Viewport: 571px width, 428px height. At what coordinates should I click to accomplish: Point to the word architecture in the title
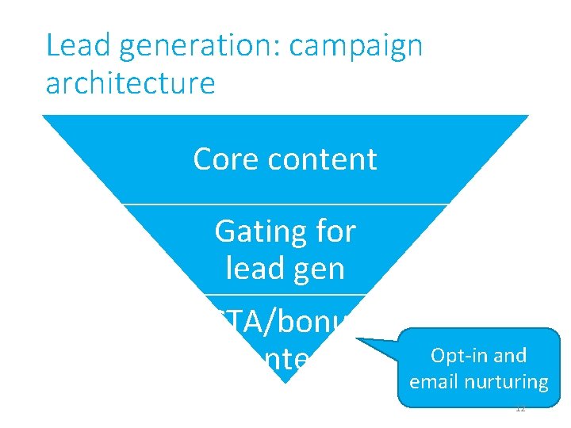pyautogui.click(x=130, y=82)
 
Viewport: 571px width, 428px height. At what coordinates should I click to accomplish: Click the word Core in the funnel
pyautogui.click(x=226, y=159)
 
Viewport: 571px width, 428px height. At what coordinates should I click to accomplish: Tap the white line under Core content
pyautogui.click(x=285, y=204)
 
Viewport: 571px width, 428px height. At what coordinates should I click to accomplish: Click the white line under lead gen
pyautogui.click(x=285, y=295)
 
